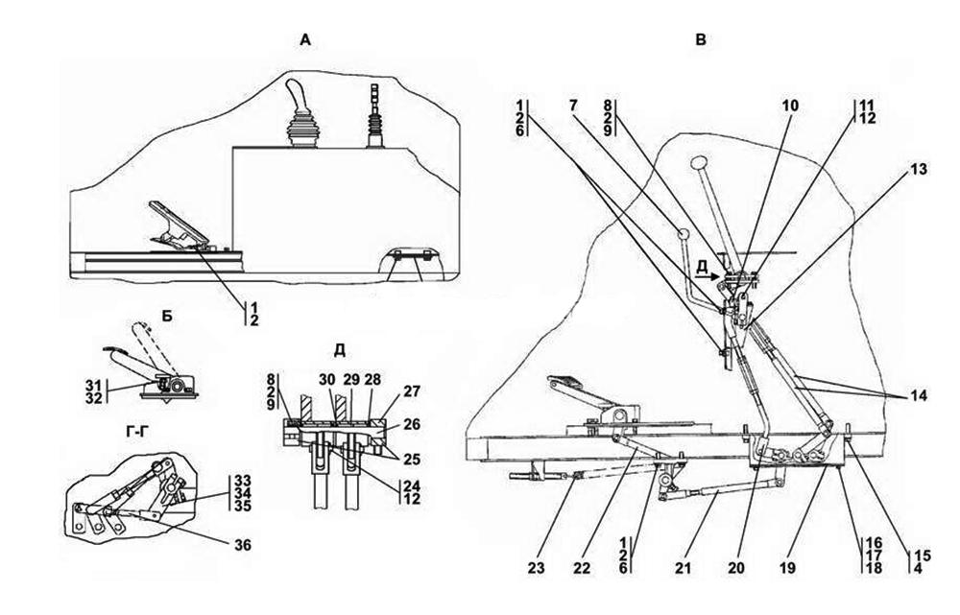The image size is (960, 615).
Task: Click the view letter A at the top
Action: pyautogui.click(x=305, y=40)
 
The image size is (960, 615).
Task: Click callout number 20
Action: pyautogui.click(x=735, y=566)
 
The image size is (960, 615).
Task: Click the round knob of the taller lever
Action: pyautogui.click(x=698, y=161)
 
